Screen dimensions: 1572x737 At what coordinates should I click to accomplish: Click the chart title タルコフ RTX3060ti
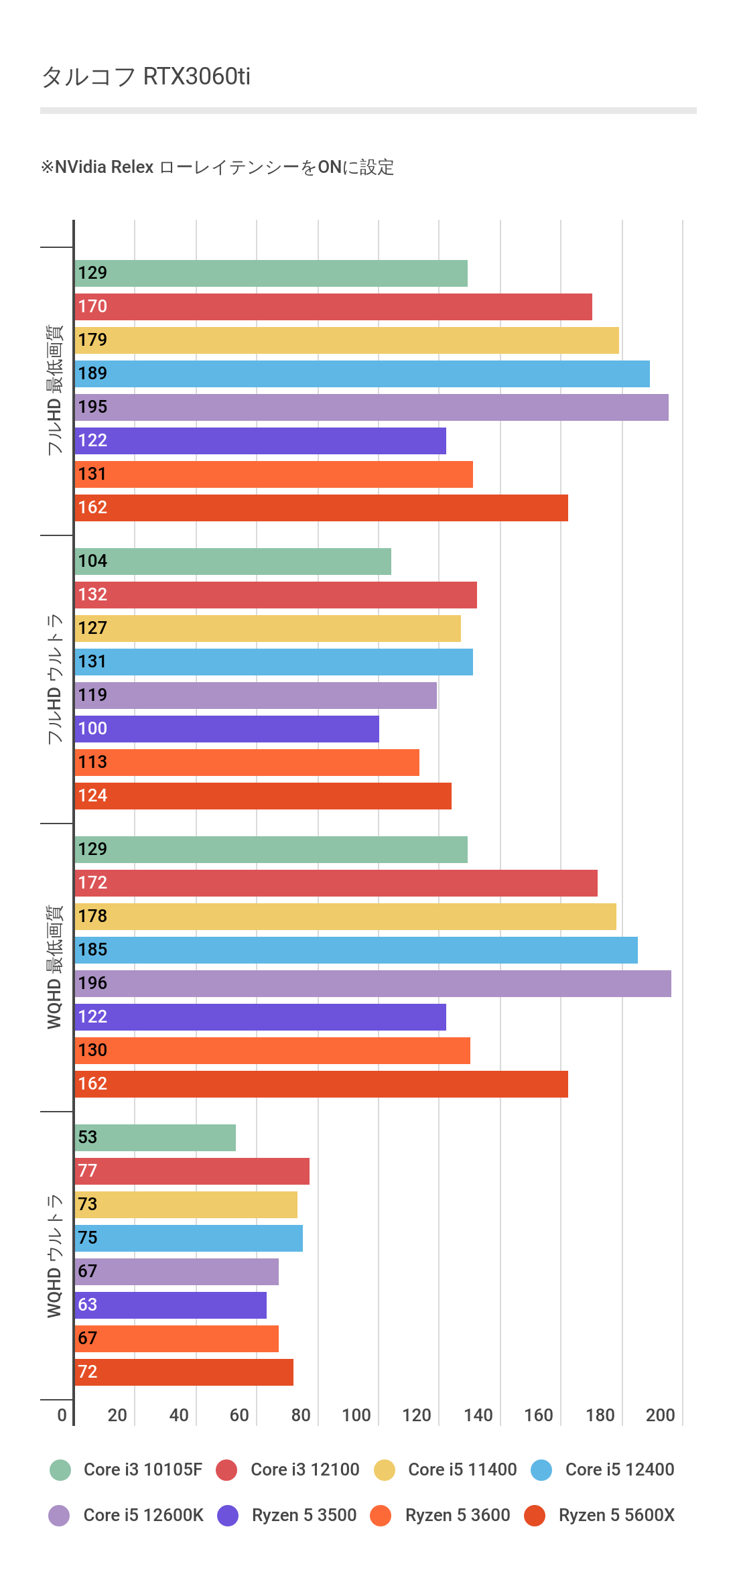[x=146, y=76]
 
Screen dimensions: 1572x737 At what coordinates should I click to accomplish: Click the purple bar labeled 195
[x=371, y=407]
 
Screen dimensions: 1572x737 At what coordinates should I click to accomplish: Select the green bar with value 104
[x=232, y=562]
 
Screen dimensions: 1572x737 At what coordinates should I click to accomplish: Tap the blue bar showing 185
[x=356, y=950]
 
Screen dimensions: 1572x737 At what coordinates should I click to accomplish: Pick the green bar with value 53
[x=155, y=1138]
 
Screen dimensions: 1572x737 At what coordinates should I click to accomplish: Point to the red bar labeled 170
[x=333, y=307]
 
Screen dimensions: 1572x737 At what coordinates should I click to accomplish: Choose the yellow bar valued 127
[x=267, y=629]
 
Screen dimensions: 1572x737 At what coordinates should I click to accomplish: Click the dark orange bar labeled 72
[x=184, y=1372]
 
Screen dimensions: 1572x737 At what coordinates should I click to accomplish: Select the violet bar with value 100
[x=226, y=729]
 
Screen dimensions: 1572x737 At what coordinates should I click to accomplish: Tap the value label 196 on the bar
[x=92, y=983]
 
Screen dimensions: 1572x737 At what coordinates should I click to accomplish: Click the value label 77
[x=88, y=1171]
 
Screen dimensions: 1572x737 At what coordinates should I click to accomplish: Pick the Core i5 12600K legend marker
[x=60, y=1515]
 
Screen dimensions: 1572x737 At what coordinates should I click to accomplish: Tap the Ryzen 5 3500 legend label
[x=304, y=1515]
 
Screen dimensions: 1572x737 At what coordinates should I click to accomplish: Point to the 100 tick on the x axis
[x=356, y=1415]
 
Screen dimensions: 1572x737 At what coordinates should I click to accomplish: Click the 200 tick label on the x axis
[x=661, y=1415]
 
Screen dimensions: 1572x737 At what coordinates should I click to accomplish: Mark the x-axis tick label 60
[x=239, y=1415]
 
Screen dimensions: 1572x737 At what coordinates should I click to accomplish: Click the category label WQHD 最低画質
[x=54, y=967]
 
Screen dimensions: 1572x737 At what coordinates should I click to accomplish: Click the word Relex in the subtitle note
[x=133, y=167]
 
